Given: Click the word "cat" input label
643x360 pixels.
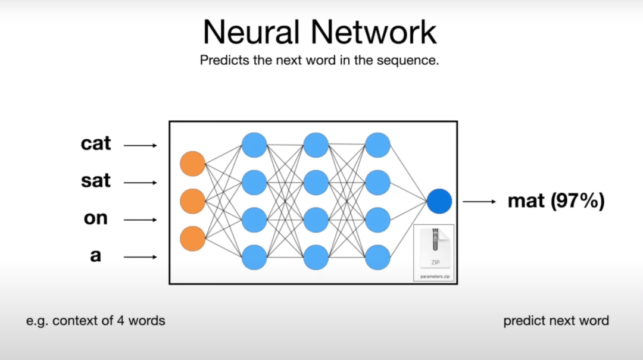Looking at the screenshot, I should [x=96, y=144].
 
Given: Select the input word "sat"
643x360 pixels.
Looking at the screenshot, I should [x=96, y=181].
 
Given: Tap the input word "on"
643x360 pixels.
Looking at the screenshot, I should [x=96, y=218].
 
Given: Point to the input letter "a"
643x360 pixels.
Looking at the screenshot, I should [x=96, y=256].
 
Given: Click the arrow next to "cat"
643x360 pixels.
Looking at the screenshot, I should [x=141, y=145].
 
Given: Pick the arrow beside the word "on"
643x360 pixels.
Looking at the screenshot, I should [x=141, y=220].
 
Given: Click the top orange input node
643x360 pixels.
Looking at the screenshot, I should [x=192, y=164].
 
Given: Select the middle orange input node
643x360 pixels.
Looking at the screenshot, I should [x=192, y=201].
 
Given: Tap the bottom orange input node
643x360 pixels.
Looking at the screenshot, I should [x=192, y=238].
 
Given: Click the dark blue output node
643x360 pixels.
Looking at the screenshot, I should [x=439, y=201].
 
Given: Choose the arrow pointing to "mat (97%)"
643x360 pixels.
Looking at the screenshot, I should [x=479, y=202].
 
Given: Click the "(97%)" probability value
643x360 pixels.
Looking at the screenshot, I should [x=578, y=201].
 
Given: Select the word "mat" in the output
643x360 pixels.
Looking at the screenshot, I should [x=526, y=201].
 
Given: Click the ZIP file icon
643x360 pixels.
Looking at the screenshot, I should [x=434, y=248].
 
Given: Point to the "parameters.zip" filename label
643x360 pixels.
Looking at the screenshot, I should [x=434, y=276].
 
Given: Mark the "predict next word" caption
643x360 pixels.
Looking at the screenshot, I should [x=556, y=321].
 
